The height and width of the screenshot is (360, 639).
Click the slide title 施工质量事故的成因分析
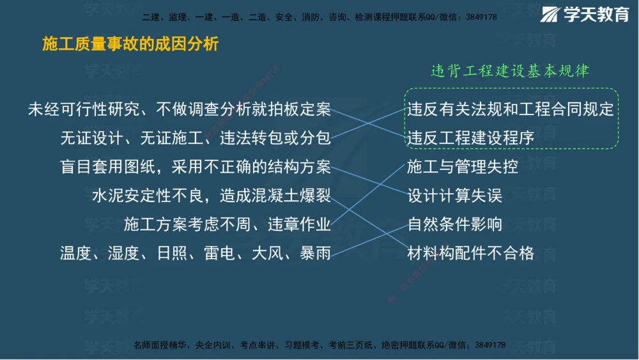[x=130, y=44]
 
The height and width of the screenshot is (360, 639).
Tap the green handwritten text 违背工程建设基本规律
[x=510, y=71]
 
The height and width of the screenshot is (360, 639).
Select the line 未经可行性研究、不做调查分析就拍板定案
[x=180, y=109]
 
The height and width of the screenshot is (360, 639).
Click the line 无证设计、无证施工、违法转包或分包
[x=196, y=138]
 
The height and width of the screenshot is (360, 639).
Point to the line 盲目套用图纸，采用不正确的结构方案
[x=196, y=167]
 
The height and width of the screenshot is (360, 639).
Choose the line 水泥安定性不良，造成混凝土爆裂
[x=212, y=196]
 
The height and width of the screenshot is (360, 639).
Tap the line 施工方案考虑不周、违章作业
[x=227, y=224]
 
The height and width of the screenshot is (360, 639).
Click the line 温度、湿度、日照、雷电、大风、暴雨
[x=196, y=253]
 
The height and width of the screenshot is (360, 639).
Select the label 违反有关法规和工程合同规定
[x=510, y=109]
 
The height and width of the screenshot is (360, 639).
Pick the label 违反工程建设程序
[x=470, y=138]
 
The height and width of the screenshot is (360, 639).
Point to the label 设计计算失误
[x=454, y=196]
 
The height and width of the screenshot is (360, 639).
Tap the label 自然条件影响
[x=454, y=224]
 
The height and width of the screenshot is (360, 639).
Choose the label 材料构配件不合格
[x=470, y=253]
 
